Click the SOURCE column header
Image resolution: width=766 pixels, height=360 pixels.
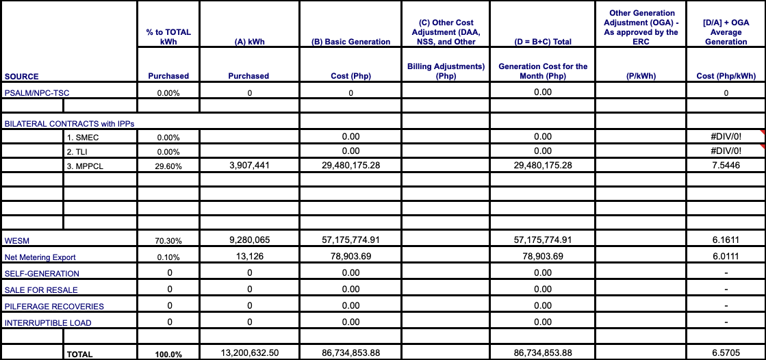(21, 77)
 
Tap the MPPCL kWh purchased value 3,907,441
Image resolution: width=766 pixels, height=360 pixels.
(249, 165)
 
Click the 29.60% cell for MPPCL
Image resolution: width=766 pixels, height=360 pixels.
(168, 166)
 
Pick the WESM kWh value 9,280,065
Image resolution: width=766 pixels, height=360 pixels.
(249, 240)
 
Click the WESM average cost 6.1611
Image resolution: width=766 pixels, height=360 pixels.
(726, 240)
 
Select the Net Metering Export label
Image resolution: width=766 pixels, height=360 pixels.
(40, 257)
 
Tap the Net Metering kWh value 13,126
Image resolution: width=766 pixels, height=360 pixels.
(249, 256)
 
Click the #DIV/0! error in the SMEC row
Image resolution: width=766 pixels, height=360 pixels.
(726, 136)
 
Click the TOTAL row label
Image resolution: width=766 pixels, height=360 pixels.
(79, 355)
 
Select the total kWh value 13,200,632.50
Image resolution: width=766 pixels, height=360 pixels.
(249, 352)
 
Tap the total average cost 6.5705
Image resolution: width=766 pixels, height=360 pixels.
(726, 352)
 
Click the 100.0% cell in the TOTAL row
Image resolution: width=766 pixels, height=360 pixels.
(168, 354)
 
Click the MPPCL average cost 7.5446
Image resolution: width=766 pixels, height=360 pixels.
(726, 165)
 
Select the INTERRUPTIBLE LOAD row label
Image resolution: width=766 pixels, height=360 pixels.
(48, 323)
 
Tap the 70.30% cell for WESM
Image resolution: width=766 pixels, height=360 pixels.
(168, 241)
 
